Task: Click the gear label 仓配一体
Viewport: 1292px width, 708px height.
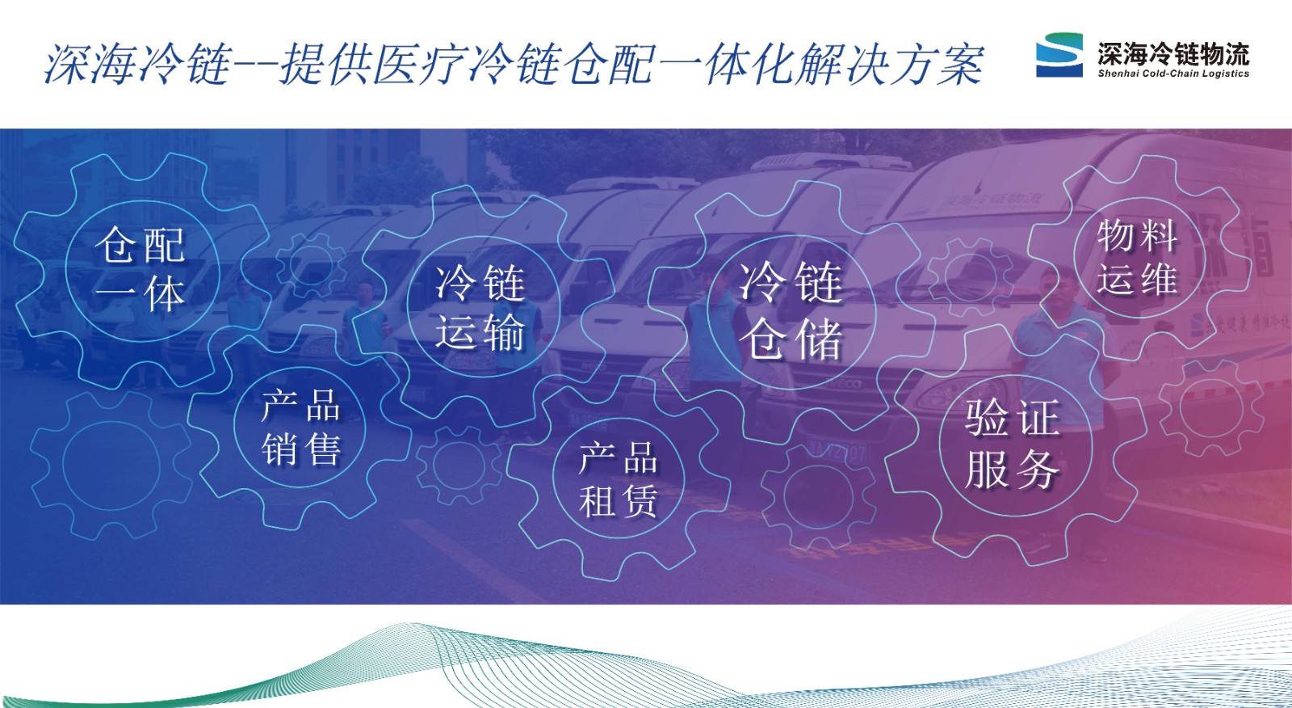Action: [141, 269]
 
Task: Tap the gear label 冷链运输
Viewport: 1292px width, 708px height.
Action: [480, 307]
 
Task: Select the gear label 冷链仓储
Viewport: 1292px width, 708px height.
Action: [791, 310]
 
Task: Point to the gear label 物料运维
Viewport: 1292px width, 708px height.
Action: [1137, 258]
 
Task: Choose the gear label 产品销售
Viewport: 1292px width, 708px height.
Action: [300, 428]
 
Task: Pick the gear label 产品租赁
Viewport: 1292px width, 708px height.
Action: [618, 480]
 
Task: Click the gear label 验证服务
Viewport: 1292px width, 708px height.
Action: [1013, 444]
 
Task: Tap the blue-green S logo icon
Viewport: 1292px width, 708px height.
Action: [1059, 55]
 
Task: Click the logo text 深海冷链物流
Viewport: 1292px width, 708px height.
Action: [1173, 53]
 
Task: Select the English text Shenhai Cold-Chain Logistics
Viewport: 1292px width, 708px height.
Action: [1173, 74]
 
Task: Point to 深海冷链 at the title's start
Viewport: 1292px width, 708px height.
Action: [138, 64]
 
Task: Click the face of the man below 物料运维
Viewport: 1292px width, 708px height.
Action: [1060, 288]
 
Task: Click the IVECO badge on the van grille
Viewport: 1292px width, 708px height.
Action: [848, 384]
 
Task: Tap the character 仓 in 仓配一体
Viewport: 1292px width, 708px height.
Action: [116, 245]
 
